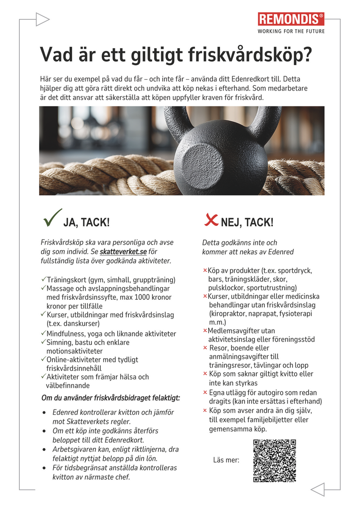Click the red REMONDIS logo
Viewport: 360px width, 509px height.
pyautogui.click(x=291, y=19)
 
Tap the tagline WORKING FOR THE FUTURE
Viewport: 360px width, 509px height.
pyautogui.click(x=291, y=32)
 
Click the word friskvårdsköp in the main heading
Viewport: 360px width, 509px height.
pyautogui.click(x=255, y=55)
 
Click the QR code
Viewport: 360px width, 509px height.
pyautogui.click(x=274, y=460)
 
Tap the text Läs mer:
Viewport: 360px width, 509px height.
pyautogui.click(x=226, y=460)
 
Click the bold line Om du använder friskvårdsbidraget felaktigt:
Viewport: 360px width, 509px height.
pyautogui.click(x=111, y=398)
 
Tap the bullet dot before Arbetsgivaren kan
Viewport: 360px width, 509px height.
pyautogui.click(x=44, y=450)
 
